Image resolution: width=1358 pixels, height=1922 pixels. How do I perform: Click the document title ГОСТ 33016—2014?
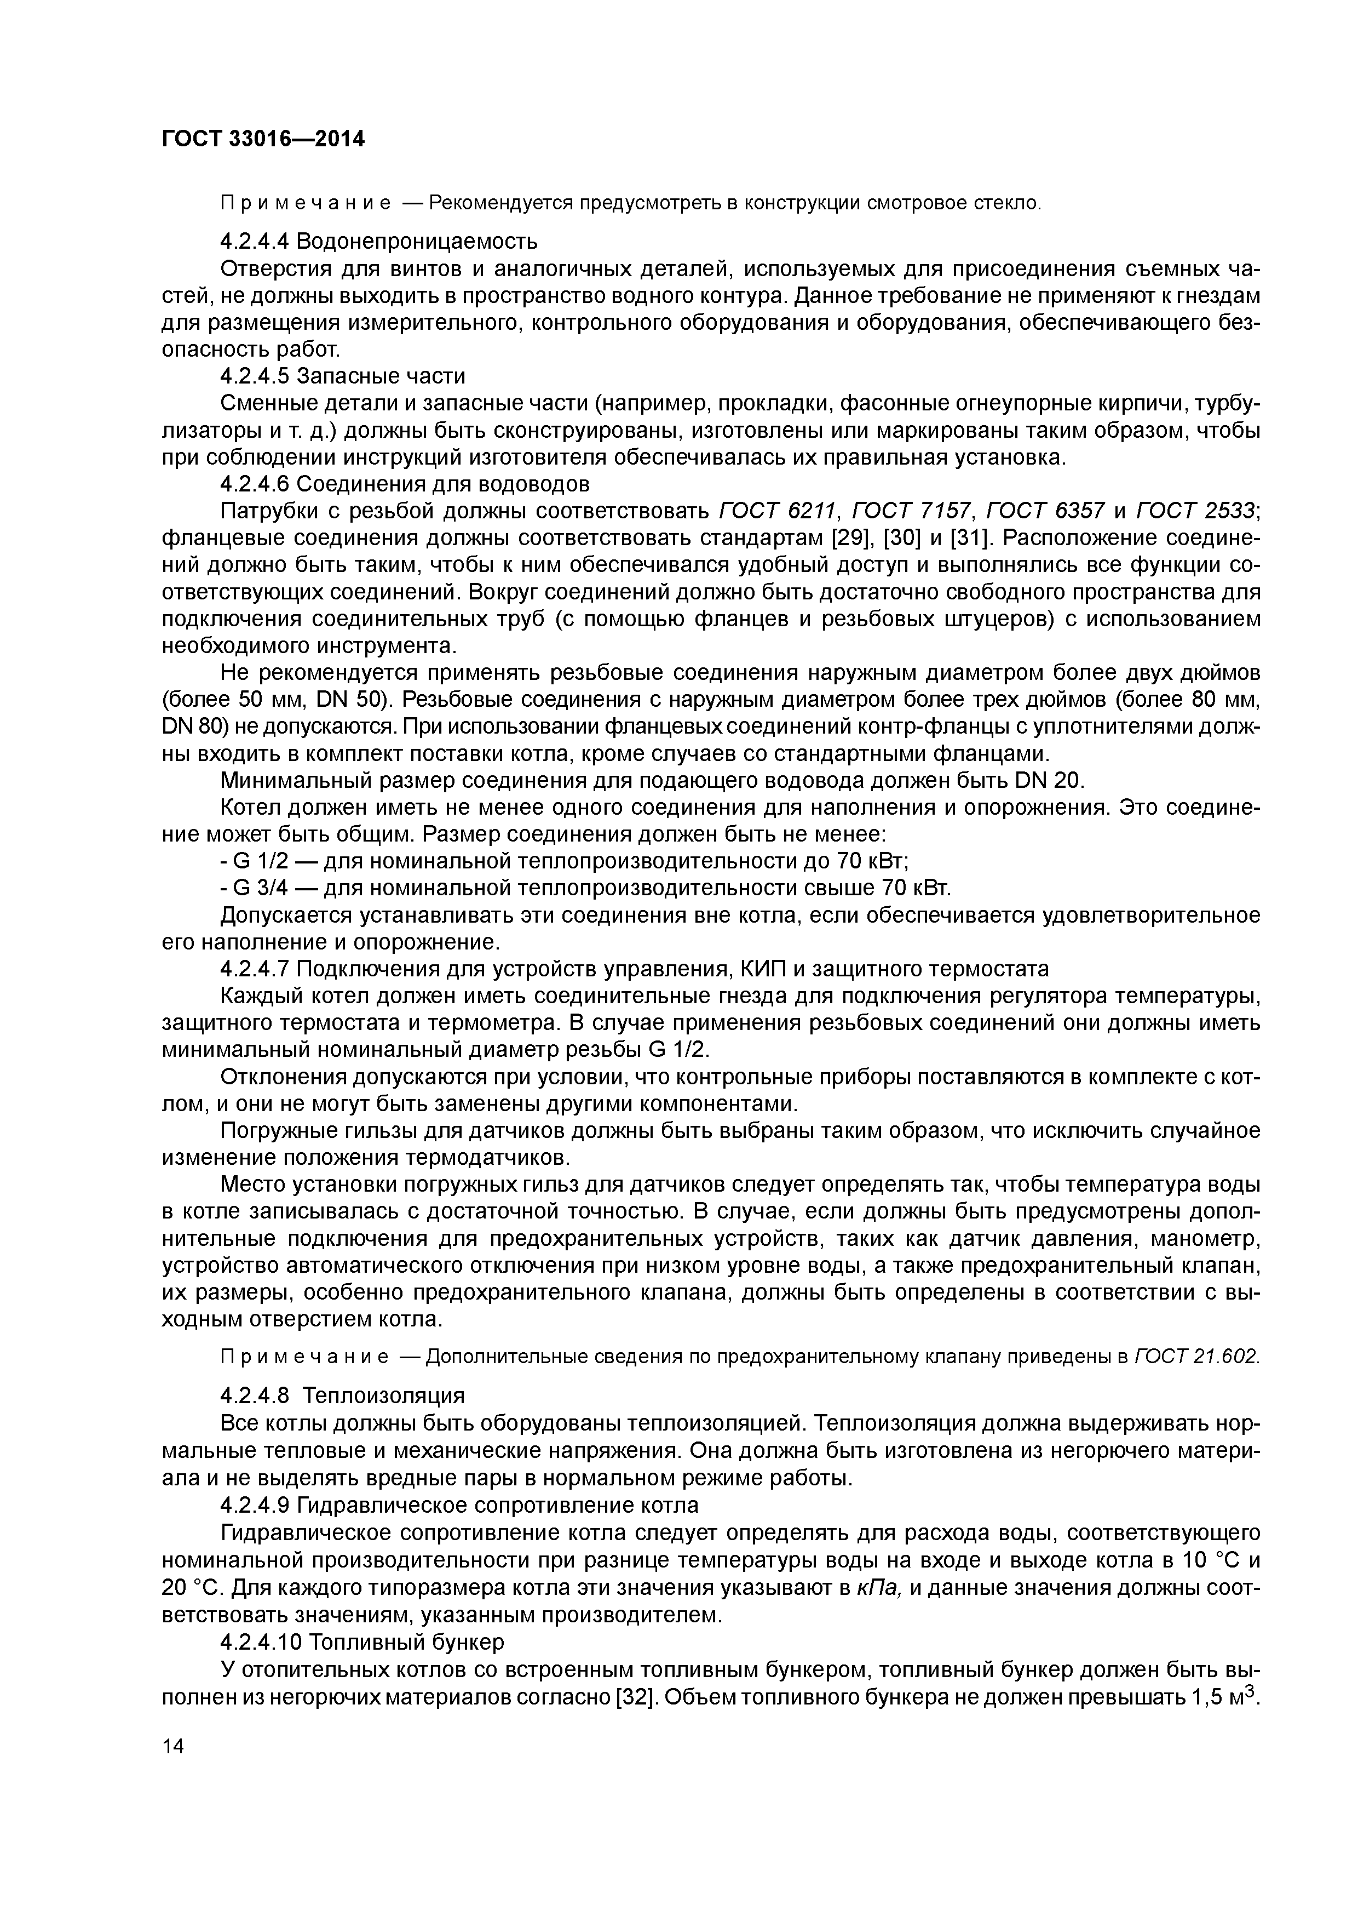coord(263,139)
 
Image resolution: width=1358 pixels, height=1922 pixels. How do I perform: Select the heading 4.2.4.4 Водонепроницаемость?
coord(378,242)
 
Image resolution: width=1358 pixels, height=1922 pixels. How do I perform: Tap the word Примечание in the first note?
coord(306,203)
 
